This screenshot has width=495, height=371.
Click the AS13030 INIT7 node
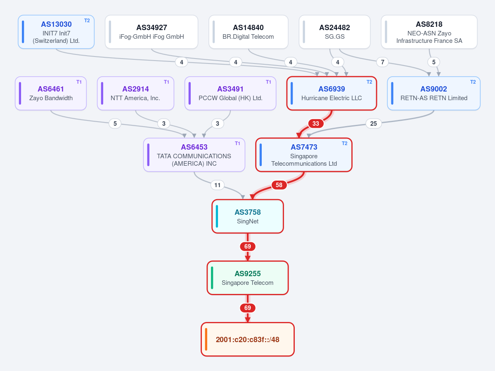(56, 32)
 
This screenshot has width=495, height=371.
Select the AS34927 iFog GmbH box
(152, 32)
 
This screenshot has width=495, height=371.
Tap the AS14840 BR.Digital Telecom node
(249, 32)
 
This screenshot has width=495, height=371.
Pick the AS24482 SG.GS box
(335, 32)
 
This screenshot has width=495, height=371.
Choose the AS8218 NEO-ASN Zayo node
(429, 32)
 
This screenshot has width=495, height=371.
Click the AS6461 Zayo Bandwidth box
(51, 93)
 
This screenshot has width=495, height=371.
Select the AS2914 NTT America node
(135, 93)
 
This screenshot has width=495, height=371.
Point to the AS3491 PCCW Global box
(230, 93)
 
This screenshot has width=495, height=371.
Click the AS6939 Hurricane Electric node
(332, 93)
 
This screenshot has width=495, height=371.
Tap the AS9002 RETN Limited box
(434, 93)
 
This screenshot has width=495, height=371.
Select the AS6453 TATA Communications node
(194, 155)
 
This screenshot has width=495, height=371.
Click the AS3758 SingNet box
(248, 216)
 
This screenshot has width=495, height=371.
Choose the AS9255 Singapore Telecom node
(248, 278)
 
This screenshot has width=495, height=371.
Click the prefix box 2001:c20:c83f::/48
(248, 339)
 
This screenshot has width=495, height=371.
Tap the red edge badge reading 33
(316, 124)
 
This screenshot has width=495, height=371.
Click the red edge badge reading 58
(279, 185)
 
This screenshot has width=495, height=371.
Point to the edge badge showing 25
(374, 124)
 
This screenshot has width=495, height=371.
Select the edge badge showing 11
(218, 185)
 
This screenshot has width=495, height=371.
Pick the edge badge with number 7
(383, 62)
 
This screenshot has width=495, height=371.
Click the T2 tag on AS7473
(344, 143)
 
